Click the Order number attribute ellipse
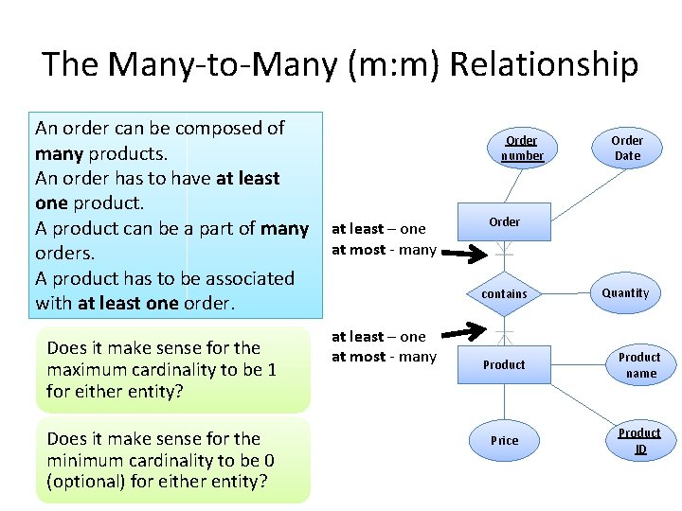(522, 148)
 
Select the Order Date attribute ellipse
(627, 148)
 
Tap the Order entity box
(504, 221)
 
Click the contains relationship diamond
(504, 293)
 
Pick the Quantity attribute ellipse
(625, 292)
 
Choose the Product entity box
(504, 364)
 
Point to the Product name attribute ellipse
(639, 364)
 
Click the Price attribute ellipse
(504, 440)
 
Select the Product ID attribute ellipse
(639, 440)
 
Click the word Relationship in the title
(544, 65)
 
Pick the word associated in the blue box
(249, 278)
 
